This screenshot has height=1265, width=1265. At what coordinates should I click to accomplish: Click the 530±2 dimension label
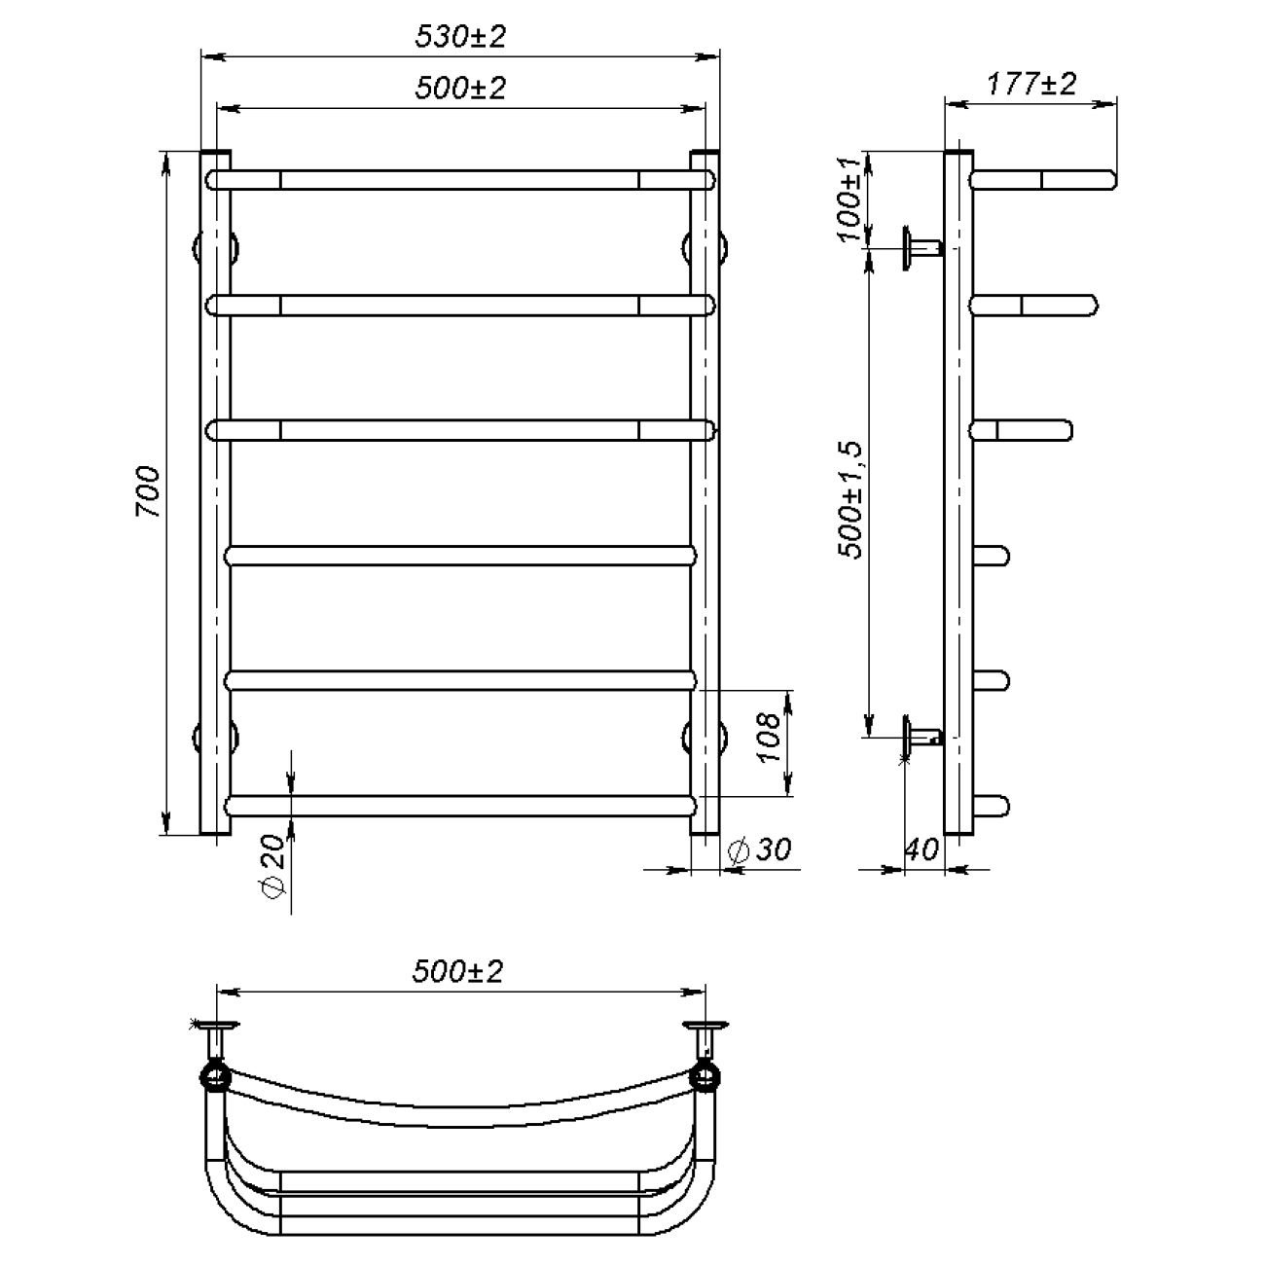click(x=460, y=37)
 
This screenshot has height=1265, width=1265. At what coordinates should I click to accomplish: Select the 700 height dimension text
click(x=148, y=491)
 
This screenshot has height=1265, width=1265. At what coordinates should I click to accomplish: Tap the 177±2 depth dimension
click(x=1031, y=84)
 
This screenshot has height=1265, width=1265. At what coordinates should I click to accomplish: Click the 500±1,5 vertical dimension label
click(x=850, y=500)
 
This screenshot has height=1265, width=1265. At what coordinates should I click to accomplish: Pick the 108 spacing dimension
click(x=770, y=738)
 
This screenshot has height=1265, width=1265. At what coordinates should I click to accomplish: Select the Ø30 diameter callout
click(x=760, y=850)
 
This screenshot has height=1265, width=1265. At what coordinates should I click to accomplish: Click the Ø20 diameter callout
click(x=272, y=866)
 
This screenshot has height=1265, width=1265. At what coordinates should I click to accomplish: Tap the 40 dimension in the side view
click(x=922, y=850)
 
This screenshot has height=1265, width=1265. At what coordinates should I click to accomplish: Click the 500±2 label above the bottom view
click(x=457, y=971)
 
